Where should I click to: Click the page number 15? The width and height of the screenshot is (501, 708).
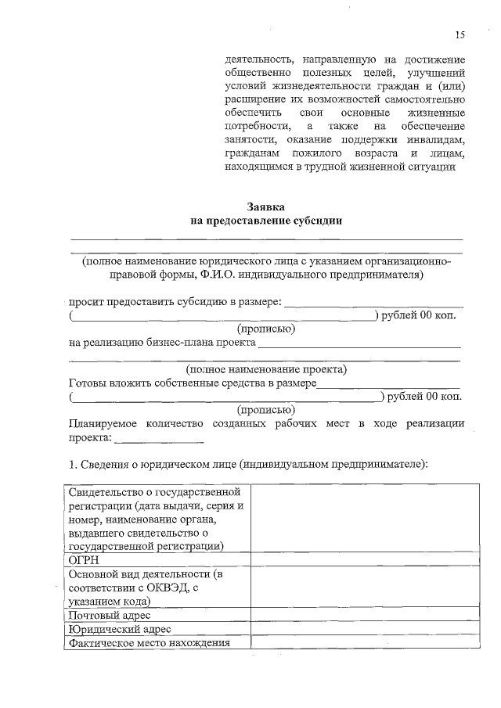click(460, 34)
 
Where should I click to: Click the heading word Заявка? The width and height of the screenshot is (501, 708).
click(267, 207)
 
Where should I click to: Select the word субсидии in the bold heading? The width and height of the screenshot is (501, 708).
click(316, 221)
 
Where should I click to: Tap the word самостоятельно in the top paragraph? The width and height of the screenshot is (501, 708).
click(427, 99)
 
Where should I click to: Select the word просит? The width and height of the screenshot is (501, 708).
click(85, 302)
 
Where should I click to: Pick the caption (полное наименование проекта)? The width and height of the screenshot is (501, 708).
click(266, 369)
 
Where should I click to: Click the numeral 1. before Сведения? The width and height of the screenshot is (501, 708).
click(73, 465)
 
